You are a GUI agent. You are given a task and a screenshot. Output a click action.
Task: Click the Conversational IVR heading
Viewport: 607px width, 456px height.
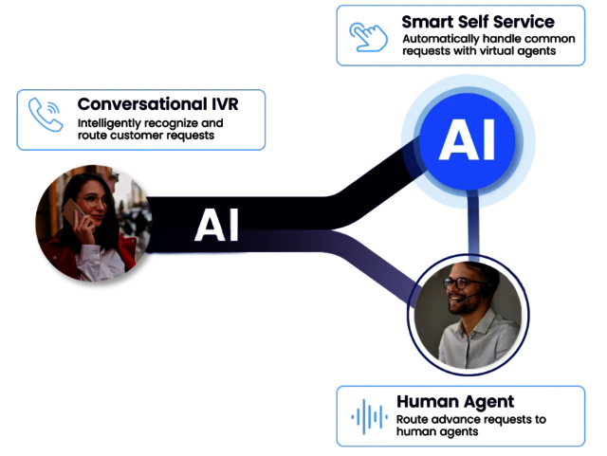pyautogui.click(x=158, y=104)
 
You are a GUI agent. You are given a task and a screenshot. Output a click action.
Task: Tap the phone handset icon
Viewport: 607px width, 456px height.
pyautogui.click(x=46, y=115)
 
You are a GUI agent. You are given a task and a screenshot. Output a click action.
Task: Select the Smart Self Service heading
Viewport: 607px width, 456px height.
pyautogui.click(x=478, y=22)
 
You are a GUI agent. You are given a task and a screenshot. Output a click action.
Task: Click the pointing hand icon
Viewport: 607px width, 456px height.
pyautogui.click(x=368, y=37)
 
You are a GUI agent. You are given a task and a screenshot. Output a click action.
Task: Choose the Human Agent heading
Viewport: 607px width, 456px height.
pyautogui.click(x=455, y=402)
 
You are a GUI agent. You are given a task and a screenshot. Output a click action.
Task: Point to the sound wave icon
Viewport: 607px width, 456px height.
pyautogui.click(x=369, y=417)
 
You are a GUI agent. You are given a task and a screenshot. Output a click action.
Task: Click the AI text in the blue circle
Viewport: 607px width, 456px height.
pyautogui.click(x=467, y=139)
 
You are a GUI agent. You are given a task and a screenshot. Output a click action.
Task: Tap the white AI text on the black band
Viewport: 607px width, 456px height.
pyautogui.click(x=216, y=225)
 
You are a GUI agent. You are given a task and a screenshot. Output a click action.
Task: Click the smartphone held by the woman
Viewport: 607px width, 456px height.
pyautogui.click(x=74, y=211)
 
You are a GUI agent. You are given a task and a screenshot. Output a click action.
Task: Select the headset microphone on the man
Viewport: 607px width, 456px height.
pyautogui.click(x=467, y=297)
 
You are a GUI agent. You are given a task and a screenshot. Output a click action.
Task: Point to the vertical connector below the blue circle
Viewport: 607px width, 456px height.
pyautogui.click(x=473, y=225)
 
